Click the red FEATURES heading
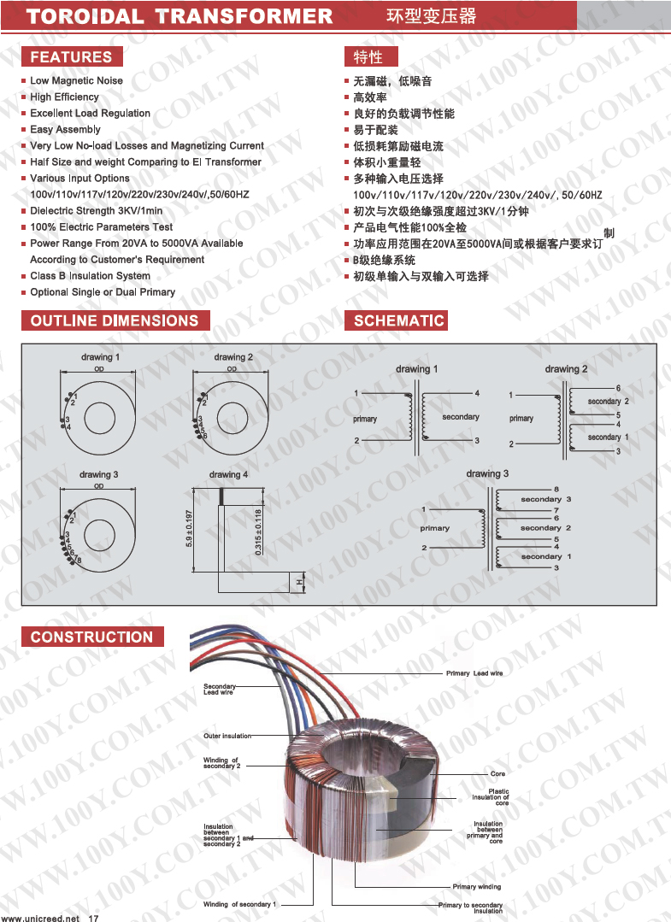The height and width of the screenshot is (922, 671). [71, 57]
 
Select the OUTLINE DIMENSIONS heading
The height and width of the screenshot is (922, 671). [115, 321]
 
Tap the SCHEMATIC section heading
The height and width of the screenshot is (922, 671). [398, 321]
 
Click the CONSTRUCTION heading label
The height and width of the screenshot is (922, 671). [91, 637]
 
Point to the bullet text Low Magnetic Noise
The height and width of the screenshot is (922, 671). [76, 81]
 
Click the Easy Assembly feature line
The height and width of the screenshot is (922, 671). [65, 130]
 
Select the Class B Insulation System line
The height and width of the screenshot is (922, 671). [90, 276]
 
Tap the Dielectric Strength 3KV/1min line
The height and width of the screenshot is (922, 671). [96, 211]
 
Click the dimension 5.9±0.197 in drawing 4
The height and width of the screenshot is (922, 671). [190, 529]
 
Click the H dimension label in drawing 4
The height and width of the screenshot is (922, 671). [299, 582]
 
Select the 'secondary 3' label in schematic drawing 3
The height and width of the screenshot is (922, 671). [545, 500]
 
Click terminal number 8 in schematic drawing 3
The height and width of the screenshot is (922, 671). [556, 490]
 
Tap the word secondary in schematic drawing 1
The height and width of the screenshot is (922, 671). [461, 417]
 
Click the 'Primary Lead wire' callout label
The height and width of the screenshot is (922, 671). [474, 673]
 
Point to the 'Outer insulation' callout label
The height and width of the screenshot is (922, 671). [227, 736]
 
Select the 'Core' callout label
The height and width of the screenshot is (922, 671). [497, 774]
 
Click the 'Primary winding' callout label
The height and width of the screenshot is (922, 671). [477, 887]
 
